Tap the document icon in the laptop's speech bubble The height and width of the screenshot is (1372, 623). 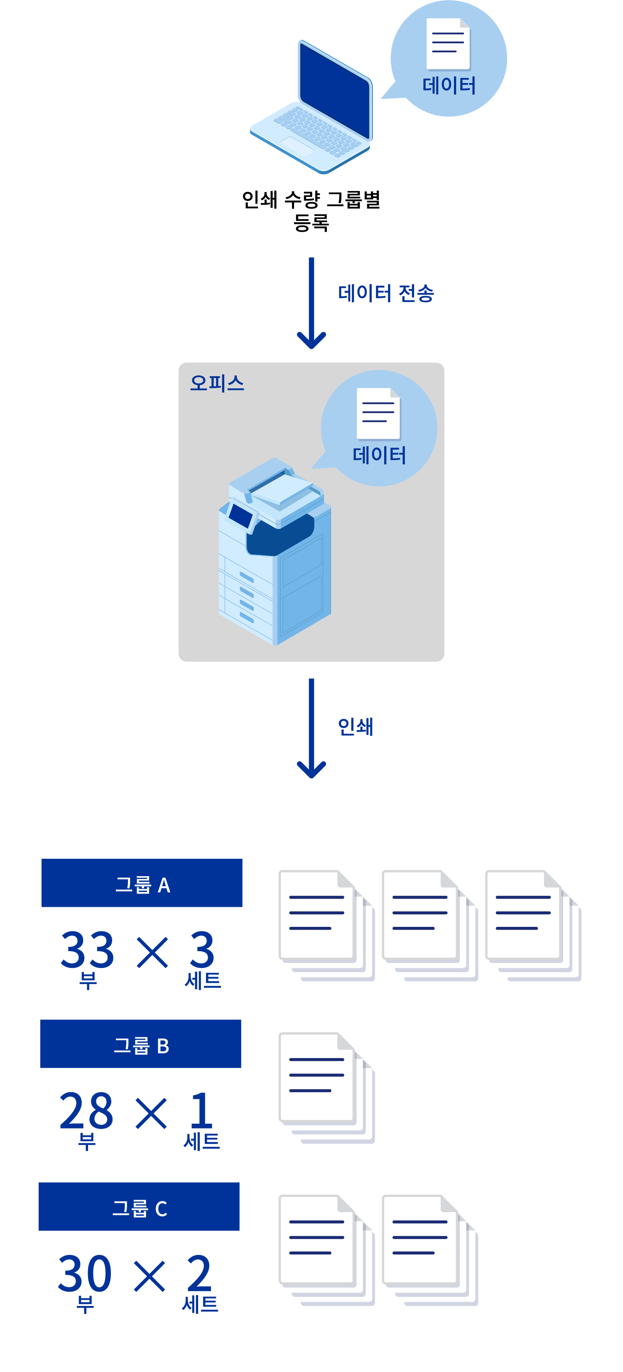click(448, 44)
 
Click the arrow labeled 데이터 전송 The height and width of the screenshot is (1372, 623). click(311, 304)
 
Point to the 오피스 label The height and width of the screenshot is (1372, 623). click(217, 383)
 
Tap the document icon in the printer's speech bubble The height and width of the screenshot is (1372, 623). click(378, 413)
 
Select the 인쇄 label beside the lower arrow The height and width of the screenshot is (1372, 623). click(356, 726)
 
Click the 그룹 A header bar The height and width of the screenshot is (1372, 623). click(142, 883)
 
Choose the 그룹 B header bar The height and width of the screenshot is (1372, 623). click(141, 1044)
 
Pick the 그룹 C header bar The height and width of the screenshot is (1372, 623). click(139, 1207)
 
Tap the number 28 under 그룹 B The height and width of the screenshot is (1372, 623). click(86, 1111)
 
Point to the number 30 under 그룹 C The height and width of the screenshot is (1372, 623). click(85, 1274)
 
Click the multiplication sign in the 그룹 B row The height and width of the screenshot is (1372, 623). click(151, 1113)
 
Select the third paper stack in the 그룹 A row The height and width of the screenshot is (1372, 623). click(533, 925)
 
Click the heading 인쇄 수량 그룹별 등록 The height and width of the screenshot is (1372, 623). click(311, 211)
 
